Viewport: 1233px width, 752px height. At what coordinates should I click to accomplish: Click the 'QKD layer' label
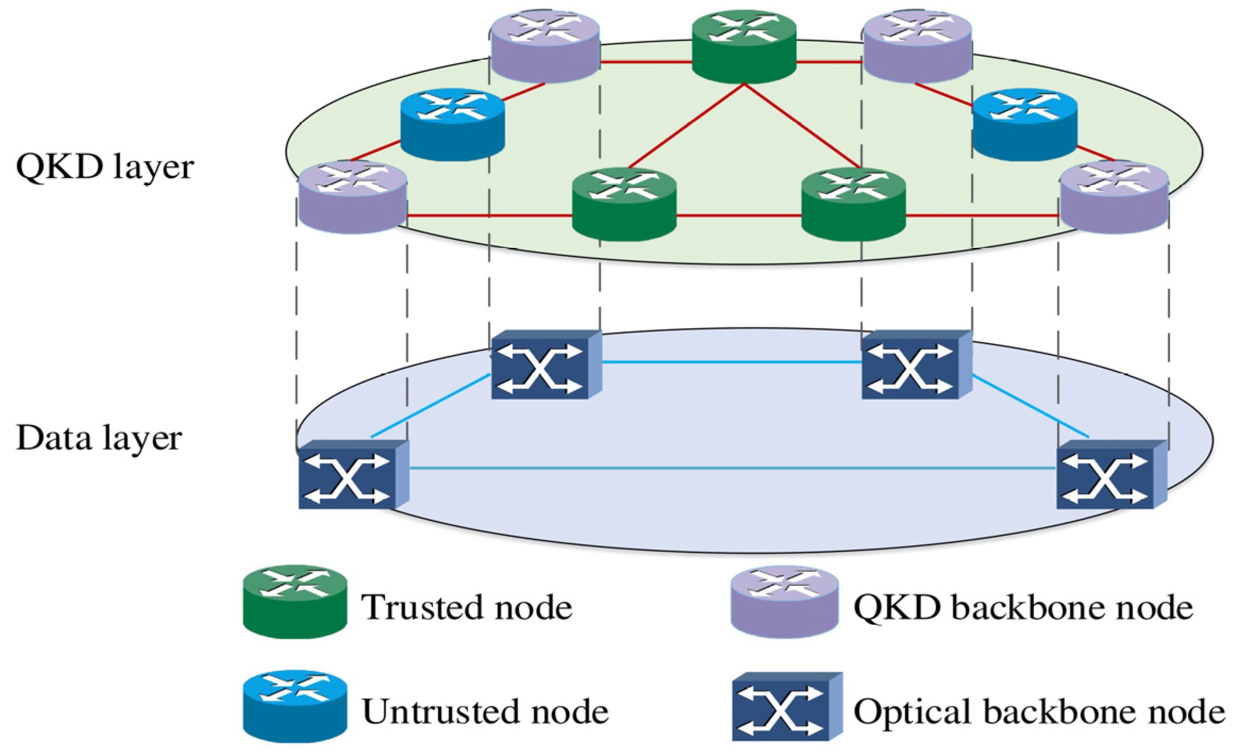coord(105,168)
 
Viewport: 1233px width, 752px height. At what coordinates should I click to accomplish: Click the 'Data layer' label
coord(99,439)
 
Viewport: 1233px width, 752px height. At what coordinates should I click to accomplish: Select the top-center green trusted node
coord(744,46)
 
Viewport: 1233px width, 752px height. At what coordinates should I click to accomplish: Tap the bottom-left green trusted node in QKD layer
coord(624,204)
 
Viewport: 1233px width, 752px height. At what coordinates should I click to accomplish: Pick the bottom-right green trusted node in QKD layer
coord(853,204)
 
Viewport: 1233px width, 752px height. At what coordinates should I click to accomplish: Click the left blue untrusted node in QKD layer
coord(452,125)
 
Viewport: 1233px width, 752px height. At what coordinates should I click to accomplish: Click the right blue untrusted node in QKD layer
coord(1024,125)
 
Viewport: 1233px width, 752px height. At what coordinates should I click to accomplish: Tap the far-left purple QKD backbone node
coord(353,197)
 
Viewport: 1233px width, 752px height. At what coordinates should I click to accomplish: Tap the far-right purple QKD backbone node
coord(1114,197)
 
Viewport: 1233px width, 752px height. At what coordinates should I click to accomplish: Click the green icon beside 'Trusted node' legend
coord(295,602)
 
